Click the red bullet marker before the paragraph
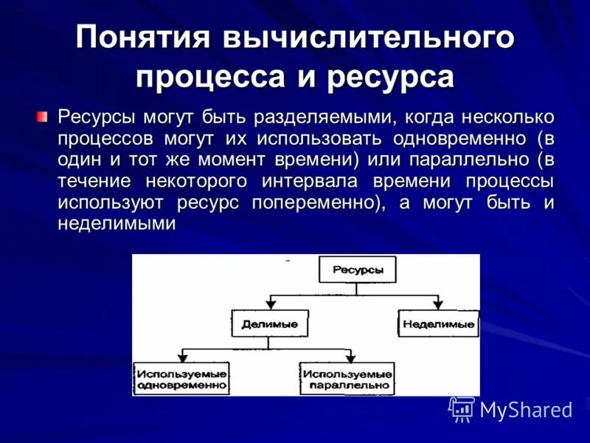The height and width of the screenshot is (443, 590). click(42, 117)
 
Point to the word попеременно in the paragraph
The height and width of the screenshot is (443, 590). click(319, 203)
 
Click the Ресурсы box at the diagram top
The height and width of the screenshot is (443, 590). click(357, 270)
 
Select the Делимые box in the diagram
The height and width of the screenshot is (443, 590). click(270, 323)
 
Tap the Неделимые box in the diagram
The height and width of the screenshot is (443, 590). click(438, 323)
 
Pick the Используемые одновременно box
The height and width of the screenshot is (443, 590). click(181, 377)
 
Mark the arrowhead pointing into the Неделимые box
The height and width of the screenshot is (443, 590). click(438, 305)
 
